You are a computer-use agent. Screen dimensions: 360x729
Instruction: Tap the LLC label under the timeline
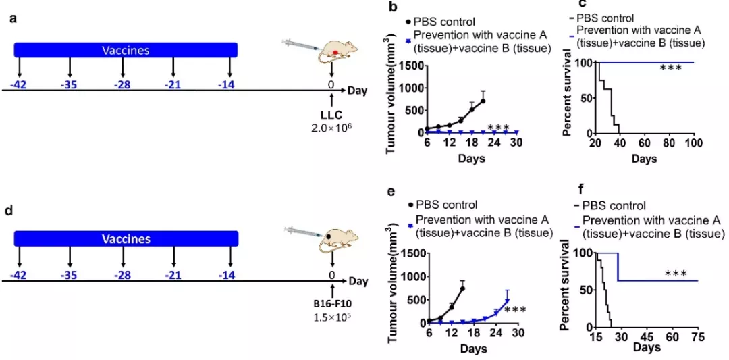click(331, 112)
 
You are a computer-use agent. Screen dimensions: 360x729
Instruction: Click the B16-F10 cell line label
click(331, 301)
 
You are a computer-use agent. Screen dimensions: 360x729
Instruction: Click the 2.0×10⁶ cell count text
click(331, 126)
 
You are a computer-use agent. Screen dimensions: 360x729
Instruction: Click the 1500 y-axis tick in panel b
click(413, 66)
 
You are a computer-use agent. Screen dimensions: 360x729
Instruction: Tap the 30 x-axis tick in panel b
click(516, 143)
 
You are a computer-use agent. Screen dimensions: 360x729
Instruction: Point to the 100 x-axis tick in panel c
click(694, 143)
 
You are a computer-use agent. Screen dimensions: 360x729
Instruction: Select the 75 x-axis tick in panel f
click(699, 336)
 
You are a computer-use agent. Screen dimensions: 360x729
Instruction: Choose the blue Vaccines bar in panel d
click(125, 239)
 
